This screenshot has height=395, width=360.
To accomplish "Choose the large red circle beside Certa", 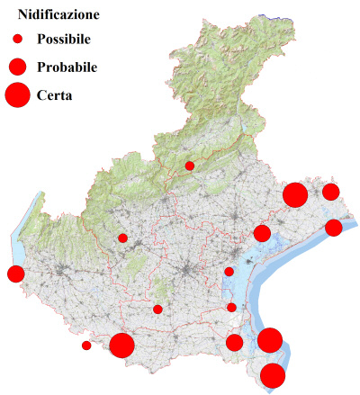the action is pos(18,94).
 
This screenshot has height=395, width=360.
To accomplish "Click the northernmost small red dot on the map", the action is pos(190,166).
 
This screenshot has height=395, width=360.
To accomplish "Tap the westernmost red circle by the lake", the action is pos(15,274).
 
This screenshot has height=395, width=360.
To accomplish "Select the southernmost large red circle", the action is pos(273,375).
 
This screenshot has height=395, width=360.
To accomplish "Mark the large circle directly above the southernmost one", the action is pos(270,340).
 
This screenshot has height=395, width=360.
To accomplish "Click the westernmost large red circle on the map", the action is pos(122,345).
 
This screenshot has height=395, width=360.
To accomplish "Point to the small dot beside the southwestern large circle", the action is pos(86,346).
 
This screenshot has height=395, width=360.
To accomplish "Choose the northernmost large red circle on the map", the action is pos(295,194).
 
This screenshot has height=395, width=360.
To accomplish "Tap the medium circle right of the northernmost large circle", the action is pos(331,192).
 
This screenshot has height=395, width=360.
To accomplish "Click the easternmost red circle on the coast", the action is pos(334,227).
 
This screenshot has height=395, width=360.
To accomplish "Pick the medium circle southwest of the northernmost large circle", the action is pos(262,234).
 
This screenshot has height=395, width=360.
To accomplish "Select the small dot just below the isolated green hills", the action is pos(157,310).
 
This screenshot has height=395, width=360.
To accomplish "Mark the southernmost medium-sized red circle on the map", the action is pos(235,342).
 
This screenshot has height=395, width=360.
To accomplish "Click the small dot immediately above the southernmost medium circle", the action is pos(231,308).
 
